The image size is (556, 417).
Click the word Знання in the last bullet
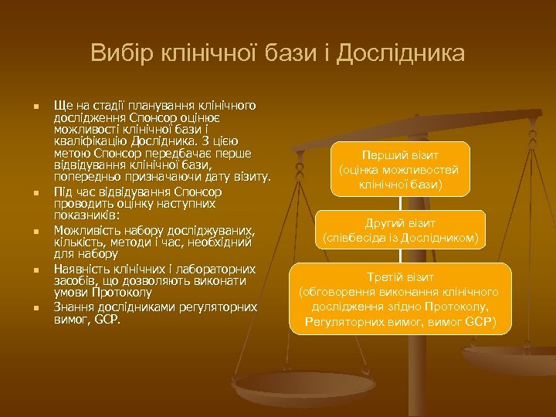(74, 306)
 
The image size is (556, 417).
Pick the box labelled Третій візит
(400, 298)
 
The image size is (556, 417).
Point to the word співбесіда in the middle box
(358, 238)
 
